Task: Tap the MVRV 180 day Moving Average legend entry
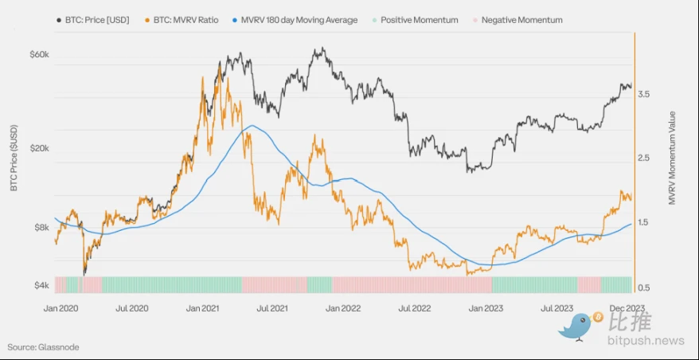pyautogui.click(x=294, y=20)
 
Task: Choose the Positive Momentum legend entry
pyautogui.click(x=414, y=20)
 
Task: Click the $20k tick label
pyautogui.click(x=39, y=149)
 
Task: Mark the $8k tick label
pyautogui.click(x=41, y=228)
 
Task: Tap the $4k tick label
pyautogui.click(x=41, y=285)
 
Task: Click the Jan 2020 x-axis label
pyautogui.click(x=61, y=307)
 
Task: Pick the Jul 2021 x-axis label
pyautogui.click(x=273, y=307)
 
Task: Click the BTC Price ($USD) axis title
pyautogui.click(x=14, y=158)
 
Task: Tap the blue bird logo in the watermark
pyautogui.click(x=579, y=325)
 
